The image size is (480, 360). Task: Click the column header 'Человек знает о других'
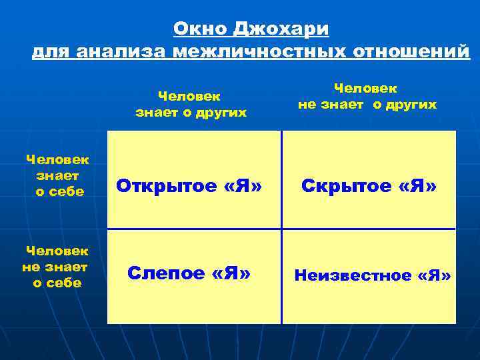coord(191,105)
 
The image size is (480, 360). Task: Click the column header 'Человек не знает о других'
coord(367,97)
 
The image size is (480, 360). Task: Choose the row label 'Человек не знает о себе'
coord(56,267)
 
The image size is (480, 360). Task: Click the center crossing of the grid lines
coord(281,229)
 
